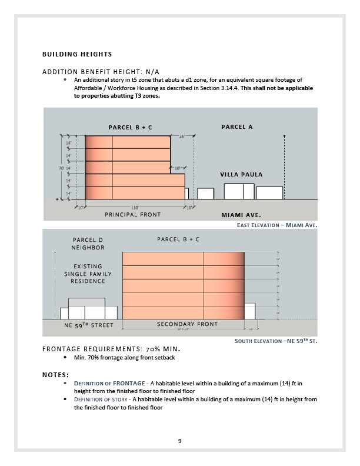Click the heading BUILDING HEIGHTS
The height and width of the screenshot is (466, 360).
(x=76, y=54)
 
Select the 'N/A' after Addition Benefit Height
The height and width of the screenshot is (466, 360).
(x=151, y=71)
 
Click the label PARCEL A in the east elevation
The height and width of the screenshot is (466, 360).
(x=237, y=127)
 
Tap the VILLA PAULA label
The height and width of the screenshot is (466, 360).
(x=241, y=175)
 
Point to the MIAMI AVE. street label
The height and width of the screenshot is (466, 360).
(x=241, y=215)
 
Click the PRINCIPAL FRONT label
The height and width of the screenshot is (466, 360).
(x=132, y=215)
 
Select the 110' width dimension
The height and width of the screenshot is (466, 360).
(x=135, y=208)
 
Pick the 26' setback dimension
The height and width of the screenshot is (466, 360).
(x=182, y=137)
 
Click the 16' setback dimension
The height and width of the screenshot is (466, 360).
(x=178, y=168)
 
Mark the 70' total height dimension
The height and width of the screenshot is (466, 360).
(x=61, y=168)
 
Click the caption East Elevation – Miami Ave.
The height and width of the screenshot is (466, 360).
(x=276, y=225)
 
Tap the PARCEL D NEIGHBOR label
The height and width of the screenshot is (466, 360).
(x=88, y=244)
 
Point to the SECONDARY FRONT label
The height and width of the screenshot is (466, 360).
(x=187, y=324)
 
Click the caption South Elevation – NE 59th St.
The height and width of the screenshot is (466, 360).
(x=276, y=341)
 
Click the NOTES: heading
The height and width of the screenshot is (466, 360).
(x=55, y=374)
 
